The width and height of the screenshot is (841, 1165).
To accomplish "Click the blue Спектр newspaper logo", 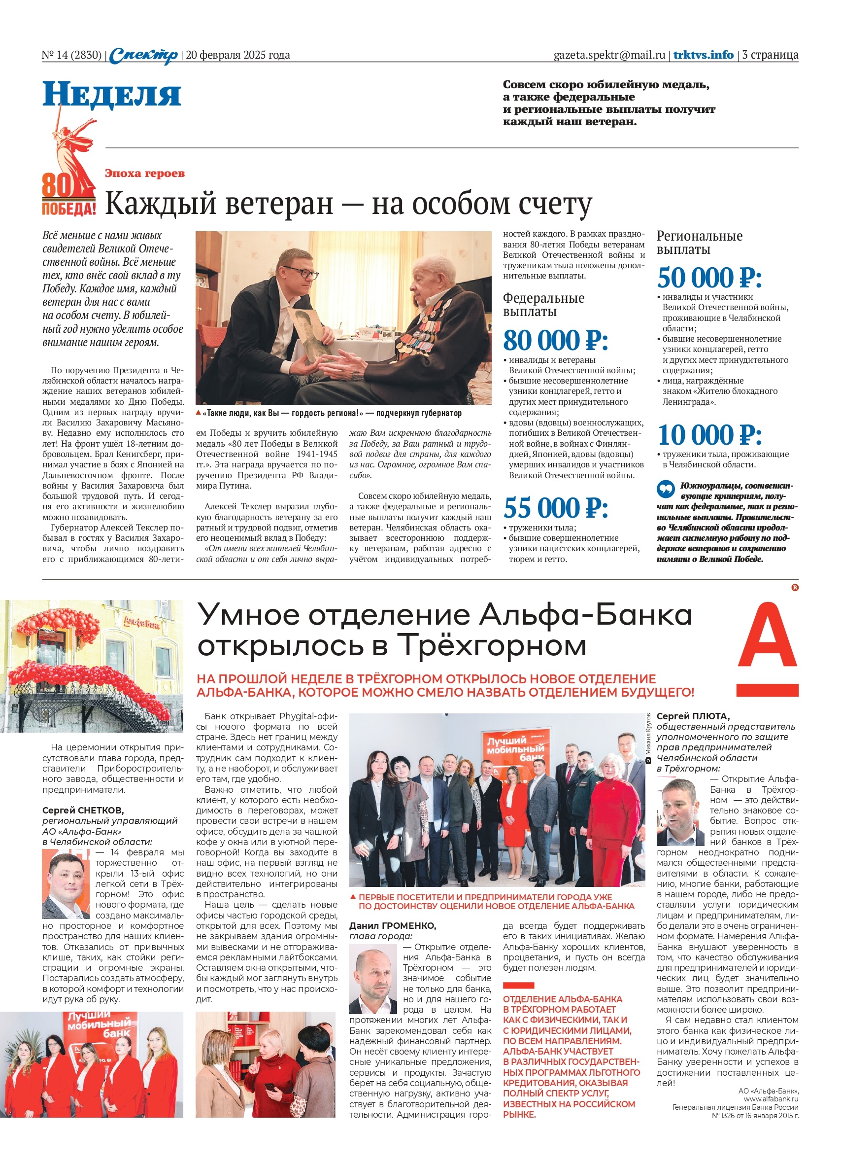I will pos(143,55).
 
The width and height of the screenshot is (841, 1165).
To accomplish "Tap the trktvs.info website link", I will pos(703,55).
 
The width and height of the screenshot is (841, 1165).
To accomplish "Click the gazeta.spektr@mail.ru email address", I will pos(609,55).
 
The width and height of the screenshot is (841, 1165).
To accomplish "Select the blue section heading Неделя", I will pos(111,95).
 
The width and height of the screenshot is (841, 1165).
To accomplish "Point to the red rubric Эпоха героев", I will pos(144,173).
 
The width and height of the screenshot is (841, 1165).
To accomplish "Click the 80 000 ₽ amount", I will pos(555,340).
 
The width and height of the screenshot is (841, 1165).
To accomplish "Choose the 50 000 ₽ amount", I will pos(709,278).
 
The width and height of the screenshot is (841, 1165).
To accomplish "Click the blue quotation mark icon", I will pos(666,489).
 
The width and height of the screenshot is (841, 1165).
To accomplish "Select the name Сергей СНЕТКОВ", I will pos(83,810).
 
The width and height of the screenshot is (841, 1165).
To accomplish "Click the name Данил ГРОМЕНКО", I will pos(392,925).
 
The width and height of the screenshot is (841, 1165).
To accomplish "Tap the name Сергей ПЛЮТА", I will pos(693,715).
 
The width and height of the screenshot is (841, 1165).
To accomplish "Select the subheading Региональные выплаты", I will pos(699,243).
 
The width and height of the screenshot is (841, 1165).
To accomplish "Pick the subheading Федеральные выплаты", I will pos(543,305).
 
